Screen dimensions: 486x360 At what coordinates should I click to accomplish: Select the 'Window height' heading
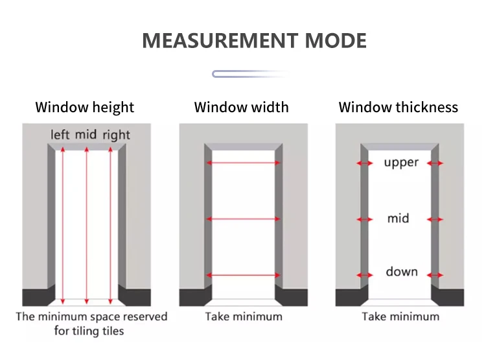(x=85, y=108)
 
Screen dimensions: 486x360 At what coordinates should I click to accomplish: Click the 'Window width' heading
(x=242, y=108)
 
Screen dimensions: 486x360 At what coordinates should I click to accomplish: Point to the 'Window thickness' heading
(x=398, y=108)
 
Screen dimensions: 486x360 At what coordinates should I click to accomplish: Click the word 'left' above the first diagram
(x=60, y=135)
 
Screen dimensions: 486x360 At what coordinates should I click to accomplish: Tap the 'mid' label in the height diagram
(x=86, y=135)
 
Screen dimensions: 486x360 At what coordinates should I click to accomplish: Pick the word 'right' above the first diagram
(x=116, y=135)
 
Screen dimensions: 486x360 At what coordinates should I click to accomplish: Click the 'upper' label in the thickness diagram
(x=401, y=163)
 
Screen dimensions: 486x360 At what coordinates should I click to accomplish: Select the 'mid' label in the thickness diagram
(x=399, y=219)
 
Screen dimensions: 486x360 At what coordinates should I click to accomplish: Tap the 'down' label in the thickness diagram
(x=402, y=272)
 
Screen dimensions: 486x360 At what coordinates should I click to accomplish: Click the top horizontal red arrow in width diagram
(x=243, y=163)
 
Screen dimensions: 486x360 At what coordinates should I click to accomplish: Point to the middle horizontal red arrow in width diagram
(x=243, y=219)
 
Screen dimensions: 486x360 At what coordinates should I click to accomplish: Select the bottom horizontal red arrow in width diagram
(x=243, y=275)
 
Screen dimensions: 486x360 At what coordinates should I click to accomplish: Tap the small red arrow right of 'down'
(x=436, y=275)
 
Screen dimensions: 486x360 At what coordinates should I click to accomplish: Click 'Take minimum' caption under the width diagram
(x=244, y=317)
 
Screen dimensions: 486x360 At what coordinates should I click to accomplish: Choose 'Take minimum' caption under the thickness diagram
(x=400, y=317)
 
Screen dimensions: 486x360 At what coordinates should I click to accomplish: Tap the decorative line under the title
(x=249, y=74)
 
